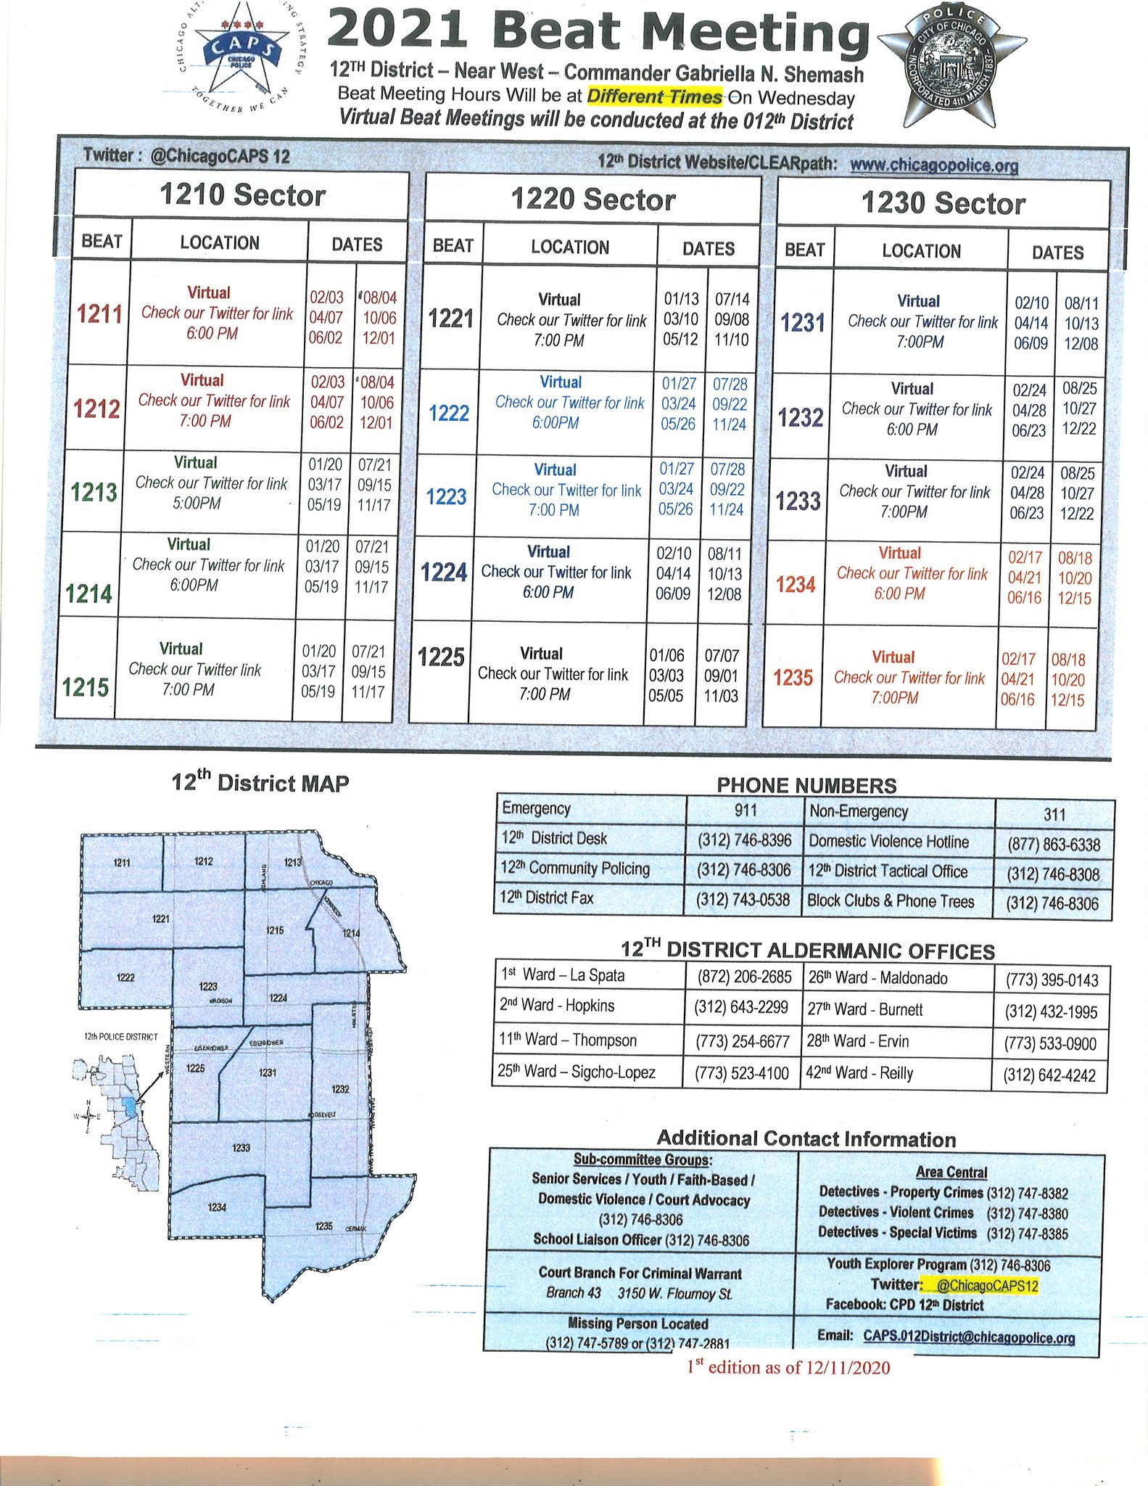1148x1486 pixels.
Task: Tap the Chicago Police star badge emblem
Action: pos(951,67)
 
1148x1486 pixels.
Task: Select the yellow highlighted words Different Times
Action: pos(654,97)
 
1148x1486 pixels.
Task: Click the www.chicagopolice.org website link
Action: pos(933,165)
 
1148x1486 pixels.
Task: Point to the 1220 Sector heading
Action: pos(592,200)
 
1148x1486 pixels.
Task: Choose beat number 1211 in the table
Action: pos(99,314)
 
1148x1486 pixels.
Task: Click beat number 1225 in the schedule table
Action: pos(441,657)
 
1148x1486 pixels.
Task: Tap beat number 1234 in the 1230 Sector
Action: pos(796,585)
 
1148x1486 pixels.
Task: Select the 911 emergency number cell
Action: pos(745,810)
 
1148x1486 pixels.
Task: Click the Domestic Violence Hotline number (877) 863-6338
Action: pos(1053,845)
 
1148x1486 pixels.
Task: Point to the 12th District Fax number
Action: pos(743,900)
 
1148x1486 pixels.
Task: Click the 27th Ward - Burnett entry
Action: pos(865,1009)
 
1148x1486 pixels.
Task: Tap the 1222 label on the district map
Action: pos(125,977)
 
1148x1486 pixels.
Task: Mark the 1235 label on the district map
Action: pos(323,1226)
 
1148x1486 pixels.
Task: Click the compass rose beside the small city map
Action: pos(88,1117)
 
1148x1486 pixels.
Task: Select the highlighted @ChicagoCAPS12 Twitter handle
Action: pos(987,1286)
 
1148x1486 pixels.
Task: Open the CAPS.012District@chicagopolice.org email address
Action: pos(969,1337)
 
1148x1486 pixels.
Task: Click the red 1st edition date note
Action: pos(788,1368)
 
